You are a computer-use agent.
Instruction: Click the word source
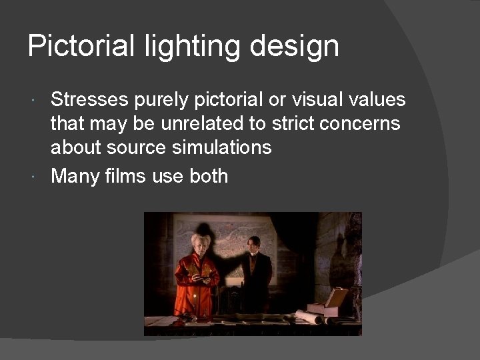click(x=142, y=147)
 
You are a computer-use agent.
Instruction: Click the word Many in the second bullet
click(x=75, y=177)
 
